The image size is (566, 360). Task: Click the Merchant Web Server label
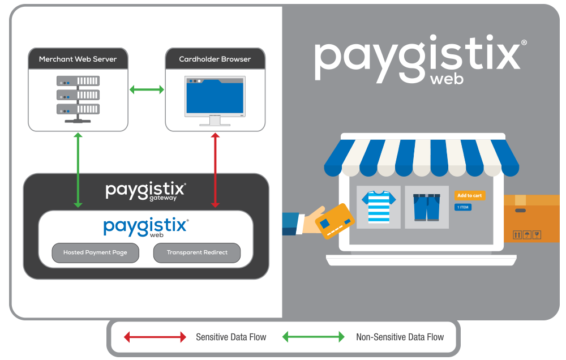tap(78, 59)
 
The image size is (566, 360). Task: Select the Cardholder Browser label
tap(215, 59)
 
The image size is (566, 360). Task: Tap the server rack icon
tap(78, 100)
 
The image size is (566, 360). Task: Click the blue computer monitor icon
tap(215, 100)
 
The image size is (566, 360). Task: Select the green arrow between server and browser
tap(147, 89)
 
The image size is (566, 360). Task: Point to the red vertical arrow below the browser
tap(215, 170)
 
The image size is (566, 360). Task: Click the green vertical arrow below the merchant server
tap(78, 170)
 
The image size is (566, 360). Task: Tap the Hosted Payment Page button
tap(95, 252)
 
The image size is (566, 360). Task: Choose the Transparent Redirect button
tap(197, 252)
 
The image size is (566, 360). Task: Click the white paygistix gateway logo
tap(146, 191)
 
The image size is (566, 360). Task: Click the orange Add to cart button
tap(469, 195)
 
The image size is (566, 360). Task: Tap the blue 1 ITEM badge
tap(462, 207)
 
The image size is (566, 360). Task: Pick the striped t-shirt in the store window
tap(378, 207)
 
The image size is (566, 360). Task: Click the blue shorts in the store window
tap(426, 207)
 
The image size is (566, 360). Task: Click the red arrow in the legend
tap(155, 337)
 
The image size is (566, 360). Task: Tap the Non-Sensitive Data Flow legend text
tap(400, 337)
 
